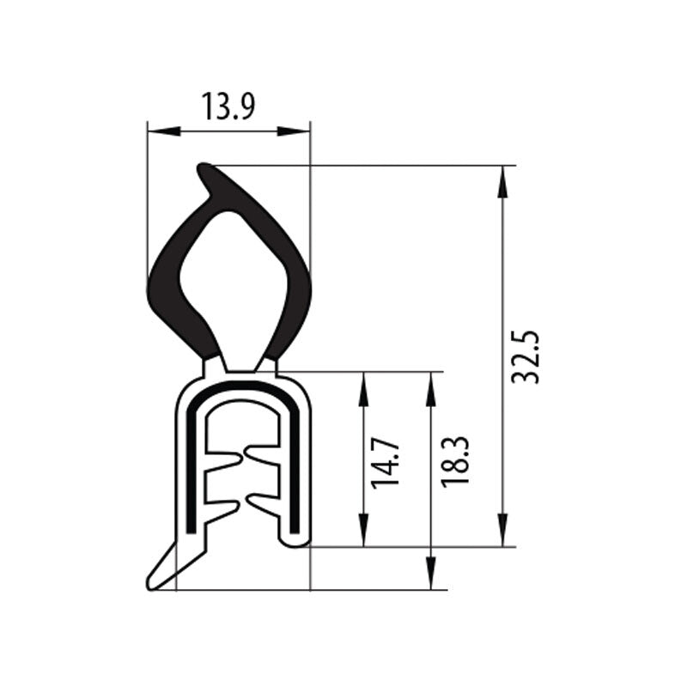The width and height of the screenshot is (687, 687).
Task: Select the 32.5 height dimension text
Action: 526,356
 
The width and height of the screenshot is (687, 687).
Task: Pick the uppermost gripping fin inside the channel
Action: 262,450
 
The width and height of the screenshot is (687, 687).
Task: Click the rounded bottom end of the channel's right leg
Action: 295,539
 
